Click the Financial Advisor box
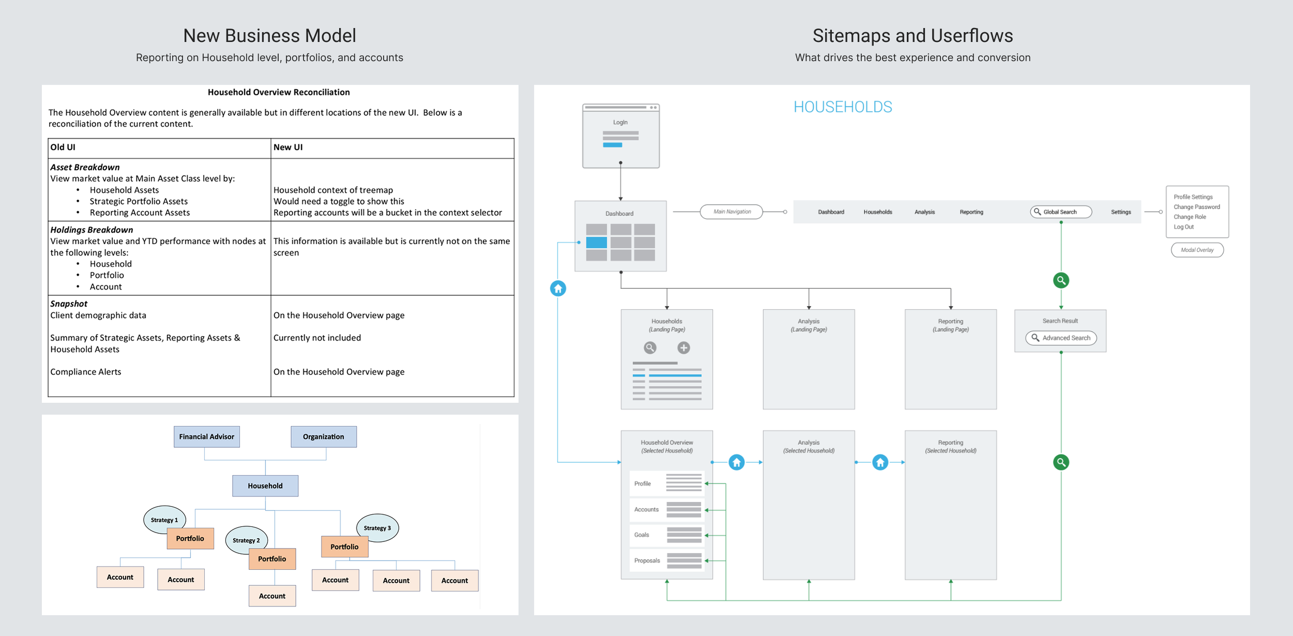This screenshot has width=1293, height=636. pyautogui.click(x=206, y=436)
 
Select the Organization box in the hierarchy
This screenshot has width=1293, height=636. pyautogui.click(x=323, y=436)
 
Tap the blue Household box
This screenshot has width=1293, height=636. pyautogui.click(x=265, y=486)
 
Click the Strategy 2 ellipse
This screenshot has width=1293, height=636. pyautogui.click(x=246, y=540)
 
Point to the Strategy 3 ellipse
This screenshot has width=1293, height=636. pyautogui.click(x=378, y=527)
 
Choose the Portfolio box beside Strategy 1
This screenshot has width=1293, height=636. pyautogui.click(x=190, y=538)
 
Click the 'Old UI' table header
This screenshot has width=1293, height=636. pyautogui.click(x=63, y=147)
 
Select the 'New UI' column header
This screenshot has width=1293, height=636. pyautogui.click(x=288, y=147)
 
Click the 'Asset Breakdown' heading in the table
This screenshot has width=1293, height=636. pyautogui.click(x=85, y=167)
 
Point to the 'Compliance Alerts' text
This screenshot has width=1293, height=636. pyautogui.click(x=86, y=372)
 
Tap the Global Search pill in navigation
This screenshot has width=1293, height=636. pyautogui.click(x=1061, y=211)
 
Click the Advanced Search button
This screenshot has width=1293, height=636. pyautogui.click(x=1061, y=338)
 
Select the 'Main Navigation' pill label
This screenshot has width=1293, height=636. pyautogui.click(x=731, y=211)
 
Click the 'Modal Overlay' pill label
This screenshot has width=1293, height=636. pyautogui.click(x=1197, y=250)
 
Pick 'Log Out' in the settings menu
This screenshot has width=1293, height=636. pyautogui.click(x=1183, y=226)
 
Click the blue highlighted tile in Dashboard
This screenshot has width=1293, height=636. pyautogui.click(x=596, y=242)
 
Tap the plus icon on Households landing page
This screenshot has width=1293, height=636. pyautogui.click(x=684, y=348)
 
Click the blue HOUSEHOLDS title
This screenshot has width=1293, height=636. pyautogui.click(x=843, y=107)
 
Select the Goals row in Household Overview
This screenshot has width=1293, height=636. pyautogui.click(x=667, y=535)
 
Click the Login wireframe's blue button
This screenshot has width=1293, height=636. pyautogui.click(x=612, y=145)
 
